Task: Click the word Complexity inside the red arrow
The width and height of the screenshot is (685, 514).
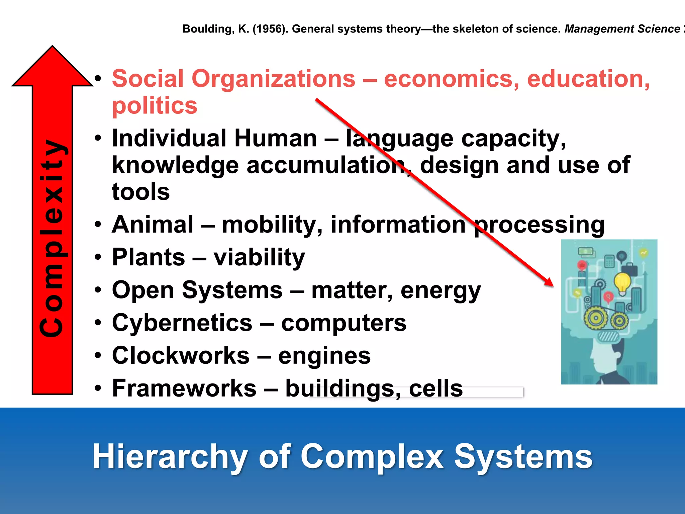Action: (52, 238)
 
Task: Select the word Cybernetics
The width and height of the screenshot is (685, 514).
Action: (182, 323)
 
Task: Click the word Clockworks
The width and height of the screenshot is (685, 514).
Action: (181, 356)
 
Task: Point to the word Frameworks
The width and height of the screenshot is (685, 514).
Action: (184, 389)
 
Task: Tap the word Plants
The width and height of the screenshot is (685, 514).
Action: (149, 257)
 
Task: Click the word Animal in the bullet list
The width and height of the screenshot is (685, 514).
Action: (153, 225)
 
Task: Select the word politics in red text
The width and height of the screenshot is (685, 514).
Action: (155, 106)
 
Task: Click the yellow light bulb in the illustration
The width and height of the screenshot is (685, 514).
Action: (622, 283)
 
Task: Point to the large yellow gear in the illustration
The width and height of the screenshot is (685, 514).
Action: (596, 317)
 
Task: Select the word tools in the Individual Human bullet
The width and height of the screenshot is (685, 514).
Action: (141, 192)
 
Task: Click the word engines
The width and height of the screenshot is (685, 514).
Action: (324, 356)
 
